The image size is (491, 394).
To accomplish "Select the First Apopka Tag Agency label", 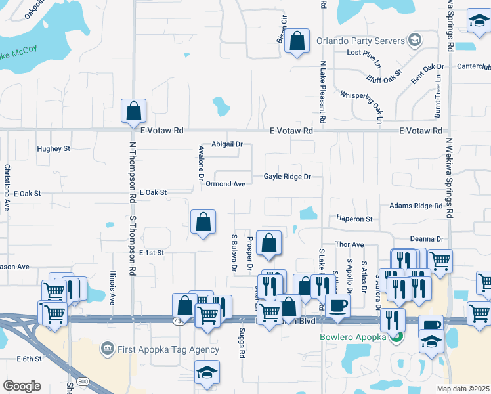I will click(x=169, y=349).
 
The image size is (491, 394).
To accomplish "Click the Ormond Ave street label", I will click(x=225, y=184).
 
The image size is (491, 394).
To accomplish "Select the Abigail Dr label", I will click(x=227, y=144).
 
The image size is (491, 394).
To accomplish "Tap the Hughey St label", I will click(x=53, y=149).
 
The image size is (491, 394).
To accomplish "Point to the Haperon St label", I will click(x=354, y=219).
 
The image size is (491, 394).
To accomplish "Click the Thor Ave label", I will click(x=349, y=244).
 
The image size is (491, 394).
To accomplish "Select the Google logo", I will click(x=22, y=386).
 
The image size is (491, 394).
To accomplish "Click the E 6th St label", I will click(x=29, y=359).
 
